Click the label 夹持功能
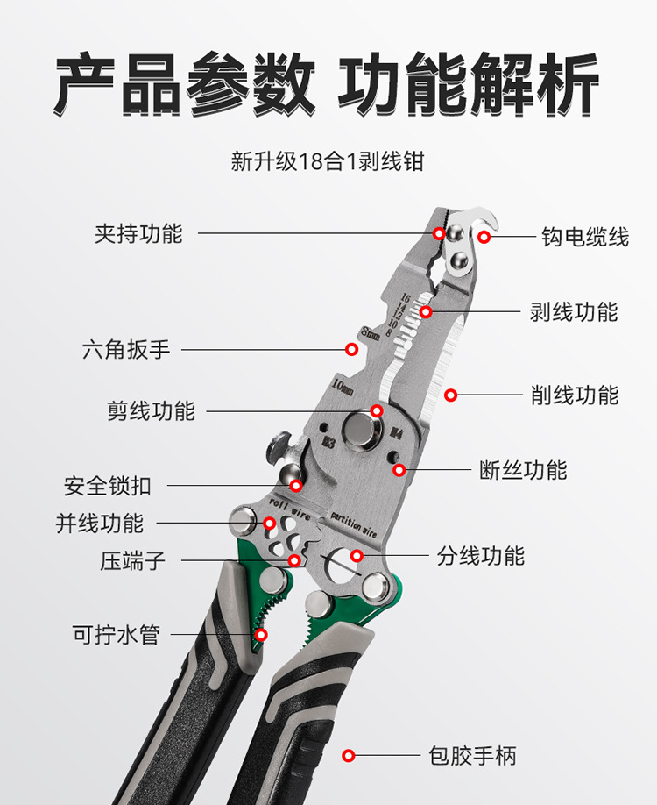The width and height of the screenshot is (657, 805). click(138, 234)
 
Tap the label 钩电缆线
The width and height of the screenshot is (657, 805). click(584, 237)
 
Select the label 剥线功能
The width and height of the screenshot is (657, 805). click(574, 311)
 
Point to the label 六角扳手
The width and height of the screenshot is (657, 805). click(126, 349)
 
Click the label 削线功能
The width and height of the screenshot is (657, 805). click(575, 395)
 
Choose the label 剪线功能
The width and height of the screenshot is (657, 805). click(151, 410)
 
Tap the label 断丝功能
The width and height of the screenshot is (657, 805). click(523, 470)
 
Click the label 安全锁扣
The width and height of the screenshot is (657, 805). click(107, 485)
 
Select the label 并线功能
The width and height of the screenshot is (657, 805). click(99, 524)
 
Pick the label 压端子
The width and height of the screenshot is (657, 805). click(132, 560)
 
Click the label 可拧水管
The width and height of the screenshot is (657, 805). click(116, 634)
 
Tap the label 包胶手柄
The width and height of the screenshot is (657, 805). click(473, 755)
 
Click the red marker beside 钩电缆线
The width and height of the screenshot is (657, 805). click(484, 237)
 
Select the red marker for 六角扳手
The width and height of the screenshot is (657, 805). click(351, 349)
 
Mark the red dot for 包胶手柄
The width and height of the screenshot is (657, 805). click(348, 755)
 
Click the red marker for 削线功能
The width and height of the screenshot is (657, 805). click(450, 395)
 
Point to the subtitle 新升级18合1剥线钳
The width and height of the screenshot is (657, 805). click(328, 162)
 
